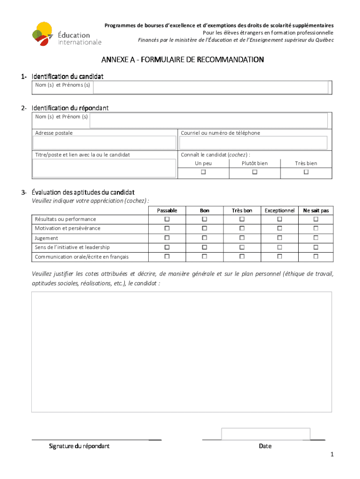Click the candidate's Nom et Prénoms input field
[x=210, y=87]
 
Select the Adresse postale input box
[x=104, y=143]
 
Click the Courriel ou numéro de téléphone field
[x=254, y=143]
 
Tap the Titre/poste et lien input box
[x=104, y=168]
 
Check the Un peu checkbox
[x=203, y=172]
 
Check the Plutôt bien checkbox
[x=255, y=172]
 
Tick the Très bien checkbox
[x=306, y=172]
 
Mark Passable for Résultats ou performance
[x=167, y=219]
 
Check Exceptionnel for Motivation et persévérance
[x=280, y=228]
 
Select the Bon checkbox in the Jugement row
[x=204, y=238]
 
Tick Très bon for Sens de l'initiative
[x=242, y=247]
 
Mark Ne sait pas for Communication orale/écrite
[x=316, y=256]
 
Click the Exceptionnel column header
[x=280, y=210]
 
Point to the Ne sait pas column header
[x=316, y=210]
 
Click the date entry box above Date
[x=266, y=434]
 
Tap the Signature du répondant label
[x=79, y=446]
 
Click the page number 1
[x=331, y=455]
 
